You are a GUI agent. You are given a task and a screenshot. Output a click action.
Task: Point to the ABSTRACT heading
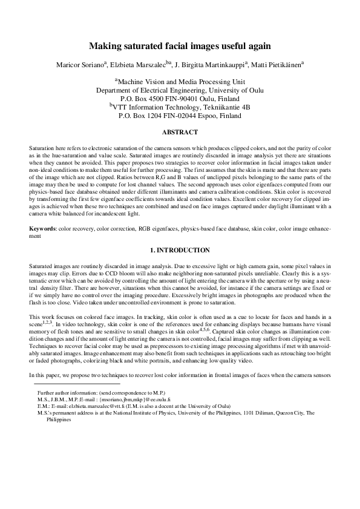(180, 132)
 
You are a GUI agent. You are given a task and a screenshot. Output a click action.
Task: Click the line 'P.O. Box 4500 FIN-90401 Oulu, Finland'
(180, 98)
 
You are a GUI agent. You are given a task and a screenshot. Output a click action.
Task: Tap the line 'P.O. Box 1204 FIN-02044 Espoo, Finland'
(180, 115)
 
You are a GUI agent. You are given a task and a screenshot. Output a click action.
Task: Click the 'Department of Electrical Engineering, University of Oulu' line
(180, 90)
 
